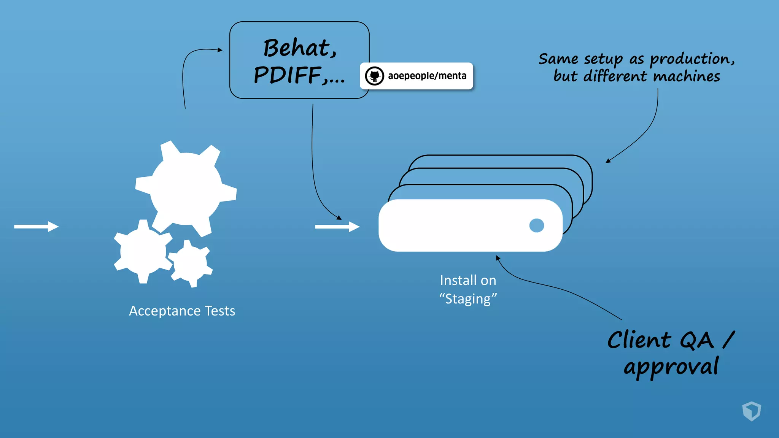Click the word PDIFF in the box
click(288, 75)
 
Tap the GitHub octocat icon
click(374, 76)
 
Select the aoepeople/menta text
click(427, 76)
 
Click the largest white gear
click(186, 189)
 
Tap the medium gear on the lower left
click(143, 251)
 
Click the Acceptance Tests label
click(182, 311)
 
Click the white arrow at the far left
click(36, 227)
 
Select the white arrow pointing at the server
click(337, 227)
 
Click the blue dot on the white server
click(536, 225)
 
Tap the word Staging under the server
click(468, 299)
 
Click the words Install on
click(468, 281)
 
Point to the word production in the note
click(689, 59)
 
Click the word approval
click(671, 367)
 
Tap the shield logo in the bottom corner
click(751, 411)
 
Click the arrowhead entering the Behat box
click(220, 50)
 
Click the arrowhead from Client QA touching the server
click(498, 258)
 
